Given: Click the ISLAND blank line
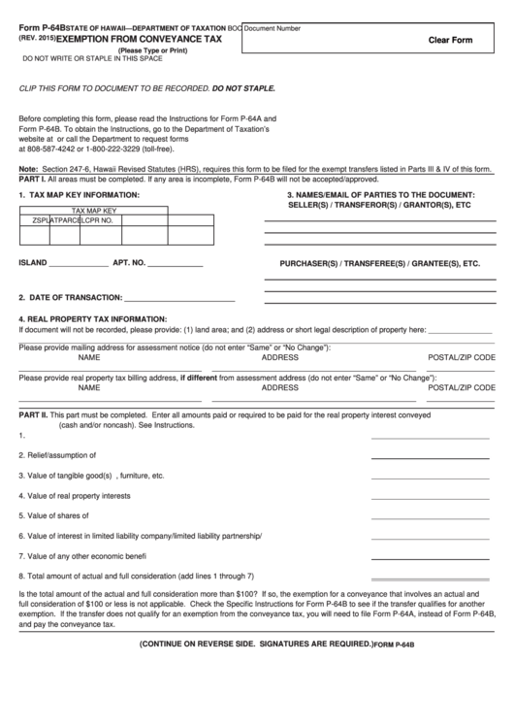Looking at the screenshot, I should click(x=79, y=264).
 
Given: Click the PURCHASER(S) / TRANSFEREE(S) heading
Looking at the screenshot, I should click(x=379, y=263).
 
